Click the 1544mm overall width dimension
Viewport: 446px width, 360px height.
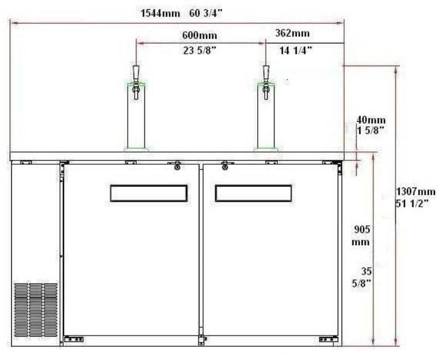click(x=160, y=13)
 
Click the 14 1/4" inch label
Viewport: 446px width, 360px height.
click(x=295, y=50)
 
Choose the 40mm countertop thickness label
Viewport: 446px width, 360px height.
click(x=368, y=121)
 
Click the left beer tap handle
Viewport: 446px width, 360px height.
click(x=136, y=71)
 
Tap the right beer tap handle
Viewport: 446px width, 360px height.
click(x=266, y=71)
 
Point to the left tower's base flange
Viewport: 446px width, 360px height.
click(x=136, y=150)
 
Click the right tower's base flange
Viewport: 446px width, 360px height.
click(x=266, y=150)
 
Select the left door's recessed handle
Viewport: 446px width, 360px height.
click(x=149, y=193)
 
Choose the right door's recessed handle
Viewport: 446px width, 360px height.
click(x=253, y=193)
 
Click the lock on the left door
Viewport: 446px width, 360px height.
click(x=176, y=166)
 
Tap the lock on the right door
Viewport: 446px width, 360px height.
click(x=225, y=166)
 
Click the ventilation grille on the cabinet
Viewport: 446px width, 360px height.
click(x=36, y=309)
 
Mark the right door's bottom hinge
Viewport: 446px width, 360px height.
click(x=328, y=339)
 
